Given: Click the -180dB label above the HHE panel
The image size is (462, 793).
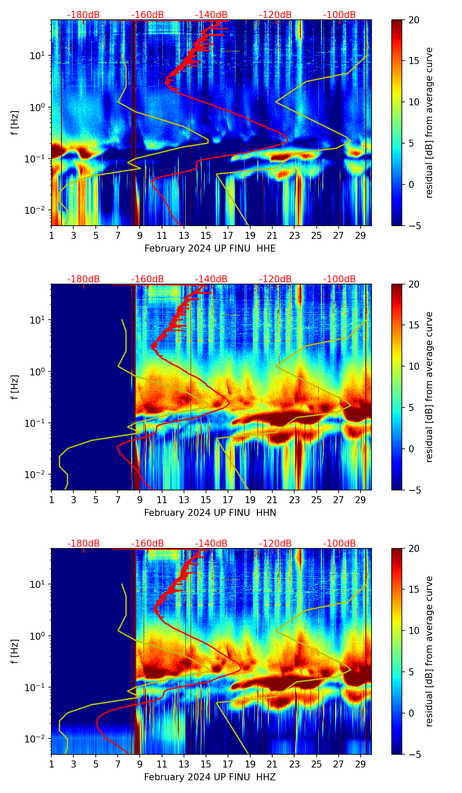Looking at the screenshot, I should [x=83, y=15].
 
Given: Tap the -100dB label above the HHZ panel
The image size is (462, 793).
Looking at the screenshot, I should [x=339, y=544].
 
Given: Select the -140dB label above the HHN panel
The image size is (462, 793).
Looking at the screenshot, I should [x=211, y=279].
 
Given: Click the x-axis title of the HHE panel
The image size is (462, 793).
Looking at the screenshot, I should [x=210, y=249].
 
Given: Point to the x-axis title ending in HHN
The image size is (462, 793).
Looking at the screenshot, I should [x=210, y=513].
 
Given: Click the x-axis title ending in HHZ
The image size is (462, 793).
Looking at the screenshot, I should [x=210, y=777].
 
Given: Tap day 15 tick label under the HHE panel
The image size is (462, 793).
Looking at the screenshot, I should [x=206, y=235].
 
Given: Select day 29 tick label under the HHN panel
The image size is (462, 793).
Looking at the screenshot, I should [x=361, y=500].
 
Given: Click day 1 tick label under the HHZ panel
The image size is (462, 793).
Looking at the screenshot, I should [x=51, y=764].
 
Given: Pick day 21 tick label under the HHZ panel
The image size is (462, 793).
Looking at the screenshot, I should [x=272, y=764].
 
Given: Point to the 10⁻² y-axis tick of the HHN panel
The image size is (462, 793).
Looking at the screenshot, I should [x=37, y=475].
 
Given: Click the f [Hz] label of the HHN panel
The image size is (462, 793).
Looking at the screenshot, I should [x=15, y=387].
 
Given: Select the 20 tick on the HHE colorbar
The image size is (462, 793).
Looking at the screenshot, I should [x=414, y=20].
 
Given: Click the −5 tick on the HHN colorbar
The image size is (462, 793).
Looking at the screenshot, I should [x=414, y=490].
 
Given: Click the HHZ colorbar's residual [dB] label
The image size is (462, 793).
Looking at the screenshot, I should [x=430, y=651].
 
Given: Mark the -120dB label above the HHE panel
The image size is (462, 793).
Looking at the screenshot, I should [x=275, y=15].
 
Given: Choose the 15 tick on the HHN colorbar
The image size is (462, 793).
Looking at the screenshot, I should [x=414, y=325].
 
